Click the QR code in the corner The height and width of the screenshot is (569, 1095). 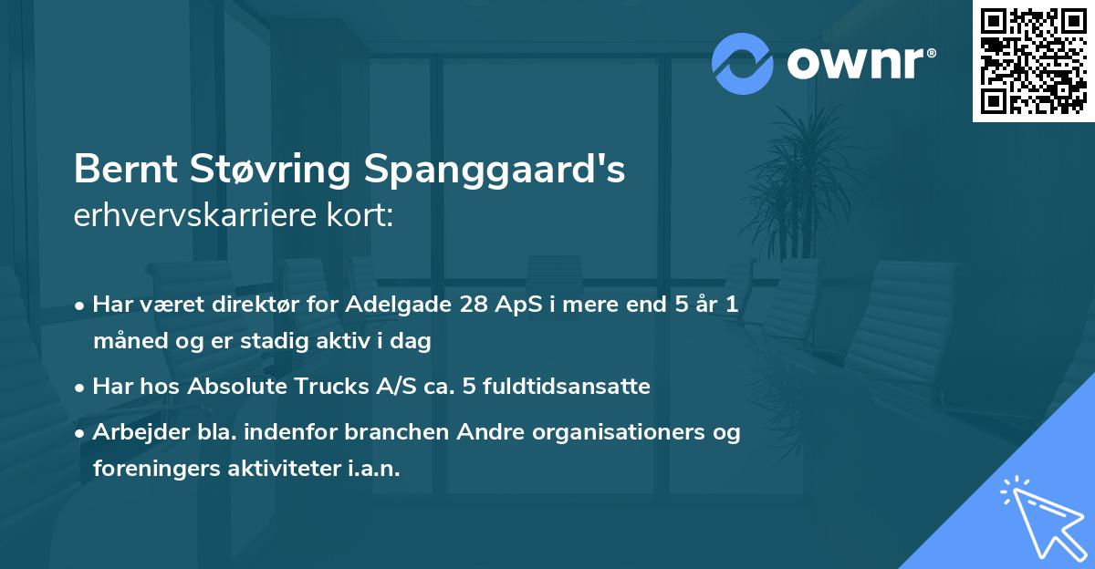point(1033,61)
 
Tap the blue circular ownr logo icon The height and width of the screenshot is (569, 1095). point(742,64)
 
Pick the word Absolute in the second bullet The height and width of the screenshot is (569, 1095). point(234,387)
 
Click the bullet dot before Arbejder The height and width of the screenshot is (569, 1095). point(82,433)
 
